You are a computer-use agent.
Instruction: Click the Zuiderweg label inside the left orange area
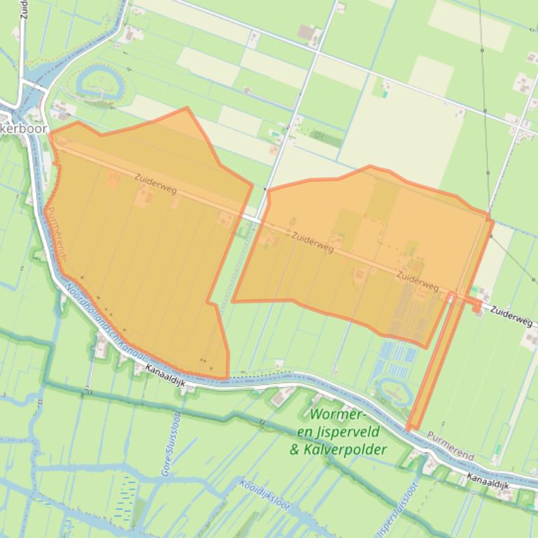point(155,184)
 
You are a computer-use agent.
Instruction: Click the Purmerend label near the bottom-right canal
point(450,446)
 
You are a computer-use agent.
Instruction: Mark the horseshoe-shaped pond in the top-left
point(97,82)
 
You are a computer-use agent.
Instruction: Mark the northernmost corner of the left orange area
point(187,109)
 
